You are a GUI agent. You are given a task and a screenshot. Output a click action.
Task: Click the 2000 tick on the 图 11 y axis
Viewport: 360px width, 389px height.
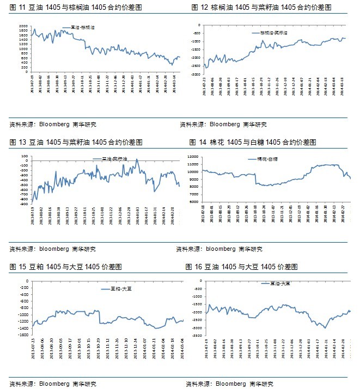click(23, 26)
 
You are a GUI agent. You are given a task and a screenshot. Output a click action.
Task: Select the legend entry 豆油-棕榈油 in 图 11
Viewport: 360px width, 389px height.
click(82, 27)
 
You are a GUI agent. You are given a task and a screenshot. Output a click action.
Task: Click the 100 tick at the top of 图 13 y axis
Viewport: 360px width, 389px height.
click(25, 157)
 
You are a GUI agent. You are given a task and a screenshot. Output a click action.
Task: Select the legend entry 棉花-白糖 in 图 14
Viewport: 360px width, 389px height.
click(267, 159)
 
